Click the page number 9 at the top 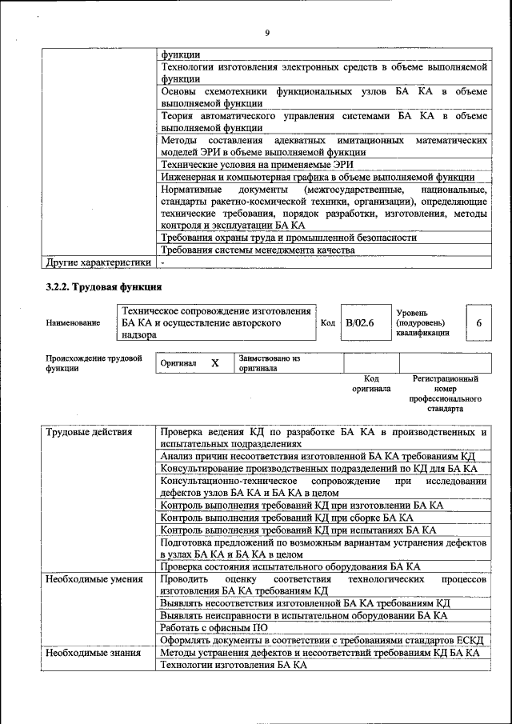(x=267, y=33)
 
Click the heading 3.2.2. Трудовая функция (x=104, y=286)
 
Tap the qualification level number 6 (x=478, y=323)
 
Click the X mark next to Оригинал (x=214, y=363)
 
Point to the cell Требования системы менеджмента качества (x=257, y=250)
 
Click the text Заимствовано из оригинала (x=269, y=363)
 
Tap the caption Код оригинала (x=371, y=383)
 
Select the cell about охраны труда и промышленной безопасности (x=288, y=238)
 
